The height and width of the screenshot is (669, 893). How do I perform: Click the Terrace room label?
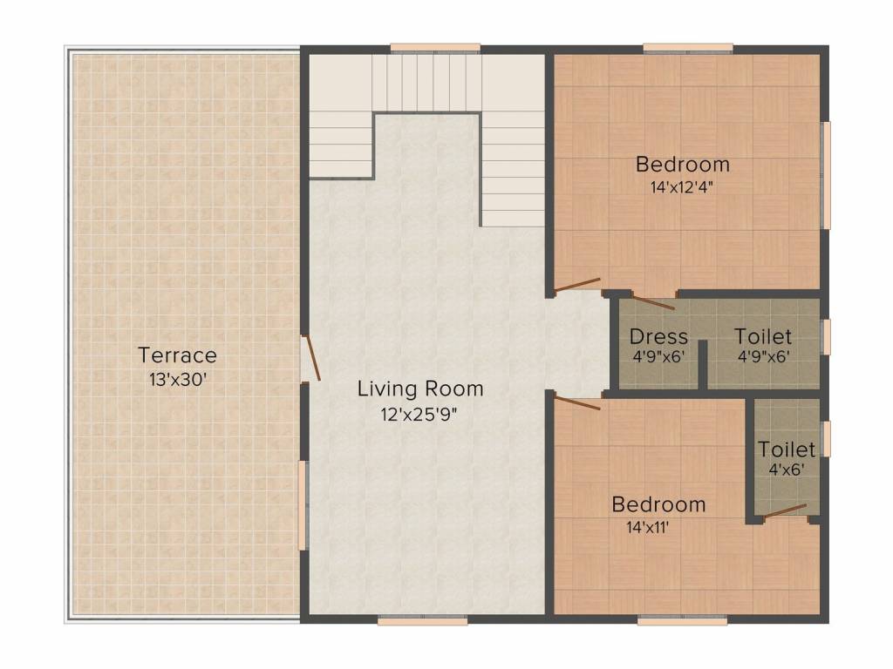tap(178, 355)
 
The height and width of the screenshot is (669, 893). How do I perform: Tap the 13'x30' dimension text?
tap(178, 380)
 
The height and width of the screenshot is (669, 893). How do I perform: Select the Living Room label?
tap(420, 389)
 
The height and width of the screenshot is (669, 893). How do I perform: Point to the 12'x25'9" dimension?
tap(419, 414)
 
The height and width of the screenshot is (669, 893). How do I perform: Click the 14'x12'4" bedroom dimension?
tap(682, 187)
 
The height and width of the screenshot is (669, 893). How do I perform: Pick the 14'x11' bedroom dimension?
tap(648, 527)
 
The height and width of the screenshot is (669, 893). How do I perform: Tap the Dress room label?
tap(658, 337)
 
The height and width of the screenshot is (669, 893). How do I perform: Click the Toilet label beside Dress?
tap(762, 336)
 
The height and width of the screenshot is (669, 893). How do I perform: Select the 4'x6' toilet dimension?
tap(787, 470)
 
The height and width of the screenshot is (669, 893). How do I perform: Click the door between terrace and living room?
tap(312, 357)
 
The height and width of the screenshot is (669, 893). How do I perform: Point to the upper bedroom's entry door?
tap(577, 285)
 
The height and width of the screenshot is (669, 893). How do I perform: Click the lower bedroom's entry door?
tap(577, 403)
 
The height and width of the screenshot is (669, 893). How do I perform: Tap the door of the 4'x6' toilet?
tap(786, 510)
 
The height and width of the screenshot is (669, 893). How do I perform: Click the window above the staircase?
tap(435, 49)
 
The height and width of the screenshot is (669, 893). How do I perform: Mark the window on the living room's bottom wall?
tap(423, 620)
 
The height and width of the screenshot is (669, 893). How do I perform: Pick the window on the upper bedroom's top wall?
tap(688, 49)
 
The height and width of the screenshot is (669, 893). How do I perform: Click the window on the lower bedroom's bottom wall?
tap(682, 620)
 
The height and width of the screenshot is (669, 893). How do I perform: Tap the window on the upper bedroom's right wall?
tap(825, 175)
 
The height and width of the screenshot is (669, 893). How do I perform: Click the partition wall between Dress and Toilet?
tap(703, 364)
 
